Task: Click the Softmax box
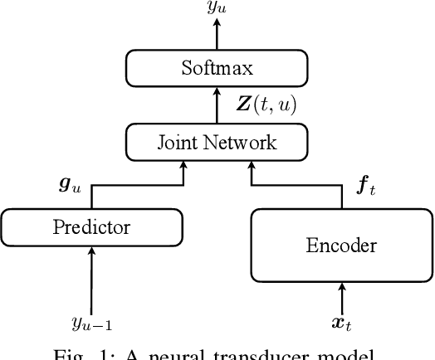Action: pyautogui.click(x=217, y=66)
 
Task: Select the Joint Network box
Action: pyautogui.click(x=217, y=143)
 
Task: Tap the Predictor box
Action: pyautogui.click(x=91, y=226)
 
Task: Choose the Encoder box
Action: pyautogui.click(x=341, y=245)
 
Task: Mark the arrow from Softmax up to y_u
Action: pyautogui.click(x=217, y=35)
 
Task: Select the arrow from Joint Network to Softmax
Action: pyautogui.click(x=217, y=105)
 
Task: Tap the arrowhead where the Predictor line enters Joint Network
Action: pyautogui.click(x=182, y=167)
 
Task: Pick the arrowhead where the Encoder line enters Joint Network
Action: pyautogui.click(x=252, y=167)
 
